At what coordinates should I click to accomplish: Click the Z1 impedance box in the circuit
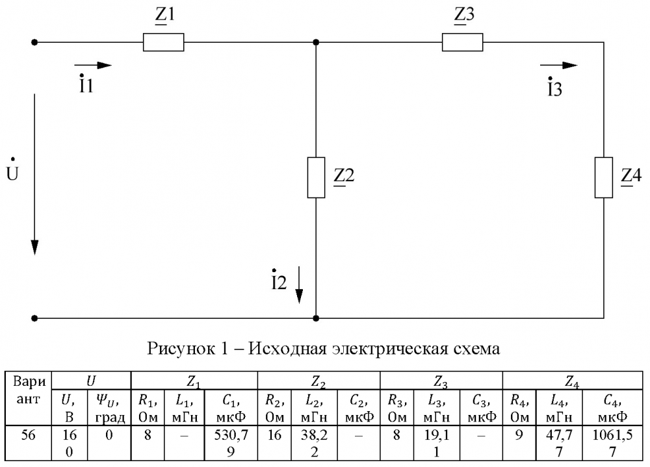tap(163, 42)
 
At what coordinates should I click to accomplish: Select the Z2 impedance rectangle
tap(316, 177)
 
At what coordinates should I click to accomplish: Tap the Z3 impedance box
tap(462, 42)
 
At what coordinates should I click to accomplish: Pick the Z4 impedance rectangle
tap(604, 177)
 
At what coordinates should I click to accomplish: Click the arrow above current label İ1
tap(93, 65)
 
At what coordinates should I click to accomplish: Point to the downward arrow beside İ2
tap(299, 285)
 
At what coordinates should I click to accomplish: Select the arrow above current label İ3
tap(559, 65)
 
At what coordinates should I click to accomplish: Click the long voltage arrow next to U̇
tap(35, 175)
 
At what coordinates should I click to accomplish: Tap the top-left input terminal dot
tap(35, 42)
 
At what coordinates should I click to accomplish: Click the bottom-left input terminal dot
tap(35, 318)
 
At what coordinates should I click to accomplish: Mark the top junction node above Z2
tap(316, 42)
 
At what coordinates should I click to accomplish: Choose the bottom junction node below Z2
tap(316, 318)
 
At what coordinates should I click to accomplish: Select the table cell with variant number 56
tap(28, 442)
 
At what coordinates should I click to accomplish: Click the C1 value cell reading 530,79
tap(231, 442)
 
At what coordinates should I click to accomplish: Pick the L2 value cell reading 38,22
tap(314, 442)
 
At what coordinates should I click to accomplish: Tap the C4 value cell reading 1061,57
tap(613, 442)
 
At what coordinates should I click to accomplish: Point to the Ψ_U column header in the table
tap(109, 407)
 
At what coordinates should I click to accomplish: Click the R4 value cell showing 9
tap(519, 442)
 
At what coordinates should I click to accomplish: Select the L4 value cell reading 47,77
tap(559, 442)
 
